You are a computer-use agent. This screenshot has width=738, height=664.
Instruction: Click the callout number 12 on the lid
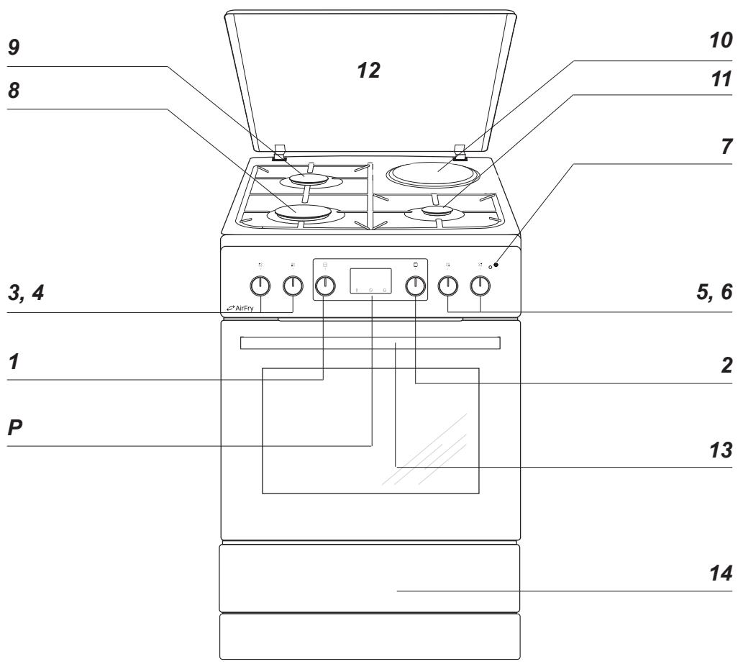tap(368, 71)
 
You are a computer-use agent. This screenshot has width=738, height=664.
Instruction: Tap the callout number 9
tap(14, 47)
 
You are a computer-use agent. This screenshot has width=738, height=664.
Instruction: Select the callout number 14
tap(721, 573)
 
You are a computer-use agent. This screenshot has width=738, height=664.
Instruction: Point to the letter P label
tap(14, 428)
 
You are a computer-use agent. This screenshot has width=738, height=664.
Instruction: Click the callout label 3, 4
tap(26, 293)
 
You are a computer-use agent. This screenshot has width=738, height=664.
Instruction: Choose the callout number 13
tap(721, 450)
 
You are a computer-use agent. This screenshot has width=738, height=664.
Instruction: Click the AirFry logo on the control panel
tap(240, 308)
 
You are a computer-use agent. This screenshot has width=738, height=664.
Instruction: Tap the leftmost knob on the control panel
tap(260, 286)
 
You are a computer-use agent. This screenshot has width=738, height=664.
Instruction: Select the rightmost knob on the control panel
tap(480, 285)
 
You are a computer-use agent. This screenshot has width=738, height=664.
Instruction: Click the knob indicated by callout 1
tap(324, 286)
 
